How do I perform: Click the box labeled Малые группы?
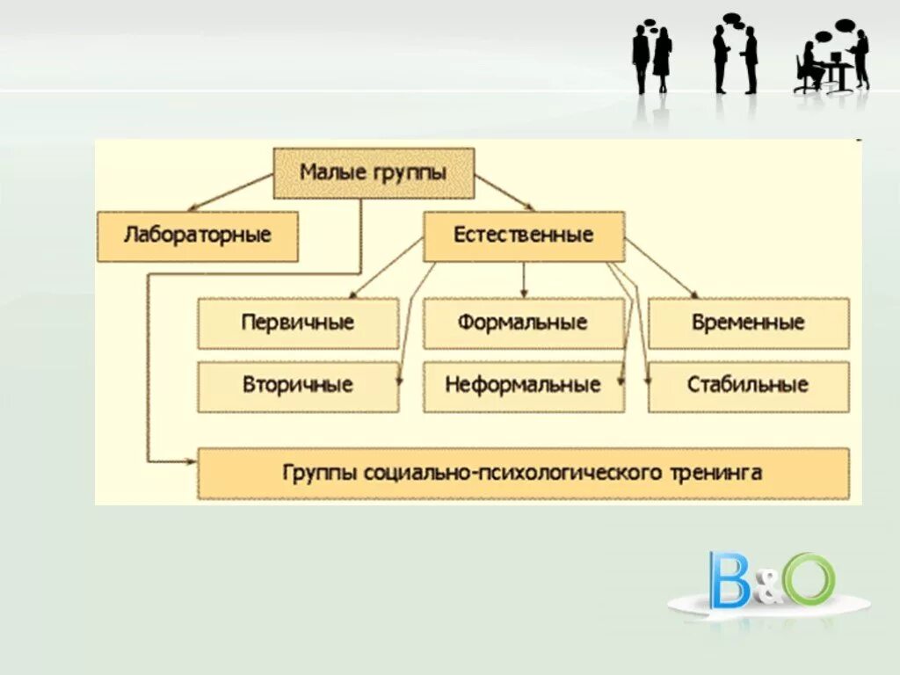pyautogui.click(x=374, y=173)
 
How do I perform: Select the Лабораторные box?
pyautogui.click(x=198, y=236)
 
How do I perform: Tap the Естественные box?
pyautogui.click(x=524, y=236)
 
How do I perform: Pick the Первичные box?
pyautogui.click(x=298, y=323)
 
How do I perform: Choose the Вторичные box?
pyautogui.click(x=298, y=385)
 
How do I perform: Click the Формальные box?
pyautogui.click(x=523, y=323)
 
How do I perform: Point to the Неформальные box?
pyautogui.click(x=523, y=385)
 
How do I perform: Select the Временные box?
pyautogui.click(x=748, y=323)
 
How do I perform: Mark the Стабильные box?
pyautogui.click(x=748, y=385)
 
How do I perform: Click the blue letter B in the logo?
pyautogui.click(x=729, y=580)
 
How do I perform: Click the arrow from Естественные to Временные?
pyautogui.click(x=661, y=269)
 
